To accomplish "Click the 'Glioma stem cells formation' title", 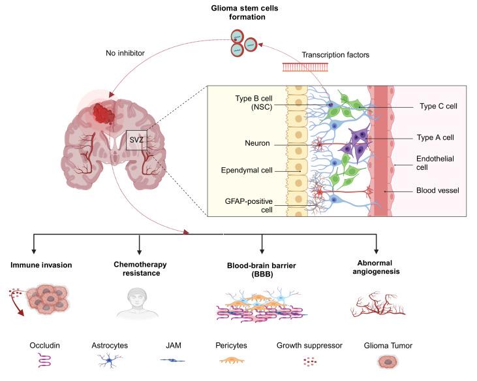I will pos(238,12).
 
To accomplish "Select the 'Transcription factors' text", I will pos(335,55).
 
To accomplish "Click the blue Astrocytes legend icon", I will pos(108,360).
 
